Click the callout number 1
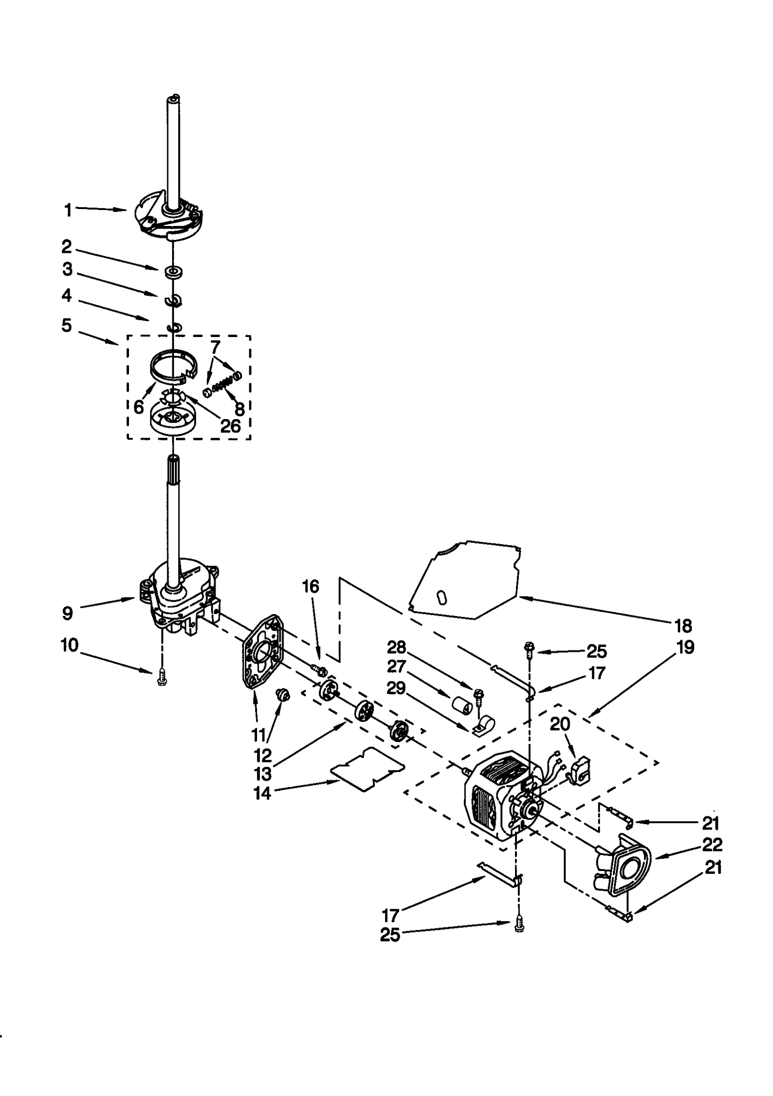[68, 210]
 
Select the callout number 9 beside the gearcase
[68, 613]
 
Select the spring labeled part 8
[222, 386]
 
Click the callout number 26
[230, 425]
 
